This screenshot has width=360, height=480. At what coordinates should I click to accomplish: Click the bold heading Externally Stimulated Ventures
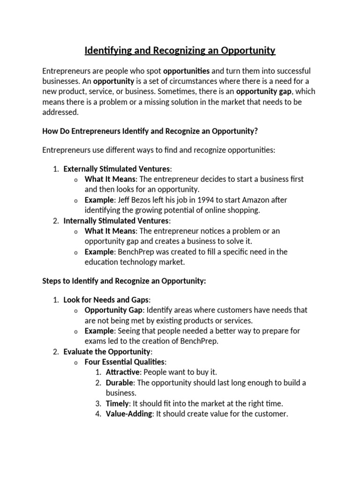(x=117, y=169)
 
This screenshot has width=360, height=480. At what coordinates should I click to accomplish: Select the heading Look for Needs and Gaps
(x=107, y=300)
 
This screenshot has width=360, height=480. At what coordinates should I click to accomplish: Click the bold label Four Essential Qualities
(x=125, y=362)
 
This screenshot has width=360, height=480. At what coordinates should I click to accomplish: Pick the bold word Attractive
(x=123, y=372)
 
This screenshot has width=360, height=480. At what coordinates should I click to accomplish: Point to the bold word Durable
(x=120, y=382)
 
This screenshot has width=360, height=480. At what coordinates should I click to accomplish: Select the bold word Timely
(x=117, y=403)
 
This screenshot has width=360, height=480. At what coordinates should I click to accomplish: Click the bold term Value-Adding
(x=129, y=413)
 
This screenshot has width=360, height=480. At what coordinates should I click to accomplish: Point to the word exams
(x=95, y=341)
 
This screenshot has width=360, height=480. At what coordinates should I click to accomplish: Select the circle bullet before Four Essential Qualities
(x=76, y=362)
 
